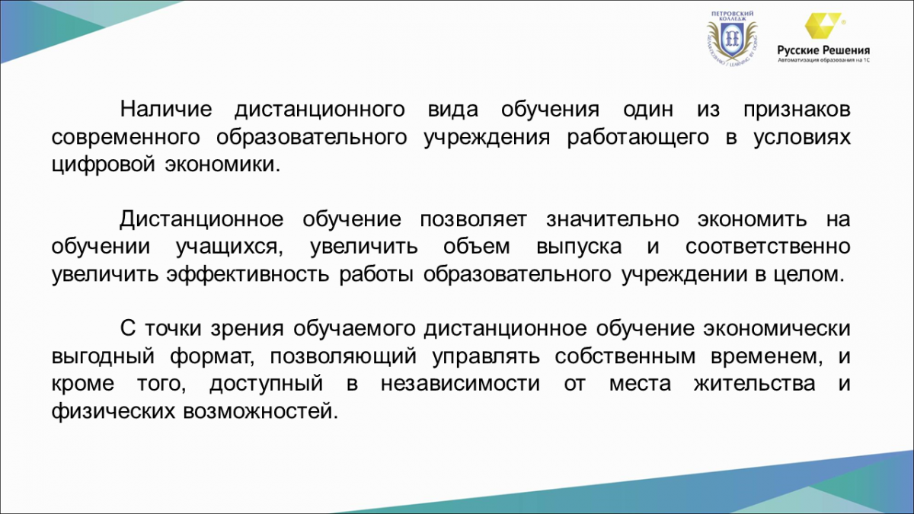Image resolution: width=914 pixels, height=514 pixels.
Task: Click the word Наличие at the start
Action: point(166,110)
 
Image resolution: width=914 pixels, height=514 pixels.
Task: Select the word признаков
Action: point(797,110)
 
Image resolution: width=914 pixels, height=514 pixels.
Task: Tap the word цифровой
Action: point(104,164)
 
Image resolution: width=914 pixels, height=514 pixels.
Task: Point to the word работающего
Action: point(638,138)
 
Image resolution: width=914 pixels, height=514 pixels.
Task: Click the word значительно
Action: point(612,219)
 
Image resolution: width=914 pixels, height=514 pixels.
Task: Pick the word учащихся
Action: point(229,247)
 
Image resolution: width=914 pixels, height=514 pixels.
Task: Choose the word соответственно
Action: point(768,247)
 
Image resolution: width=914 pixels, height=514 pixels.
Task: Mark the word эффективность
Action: point(248,273)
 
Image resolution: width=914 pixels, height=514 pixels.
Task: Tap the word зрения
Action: point(247,329)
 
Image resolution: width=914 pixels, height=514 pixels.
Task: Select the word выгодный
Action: point(104,356)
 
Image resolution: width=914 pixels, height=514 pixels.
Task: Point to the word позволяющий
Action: point(344,356)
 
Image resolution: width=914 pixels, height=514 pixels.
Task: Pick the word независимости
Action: point(460,384)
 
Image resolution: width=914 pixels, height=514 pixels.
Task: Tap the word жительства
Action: point(755,384)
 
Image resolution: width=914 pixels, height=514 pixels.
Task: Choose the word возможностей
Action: point(260,411)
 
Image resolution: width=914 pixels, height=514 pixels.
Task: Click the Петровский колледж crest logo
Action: point(732,39)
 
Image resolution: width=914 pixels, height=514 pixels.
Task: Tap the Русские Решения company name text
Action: point(823,50)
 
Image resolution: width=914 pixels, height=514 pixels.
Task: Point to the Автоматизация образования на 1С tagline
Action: point(823,60)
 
